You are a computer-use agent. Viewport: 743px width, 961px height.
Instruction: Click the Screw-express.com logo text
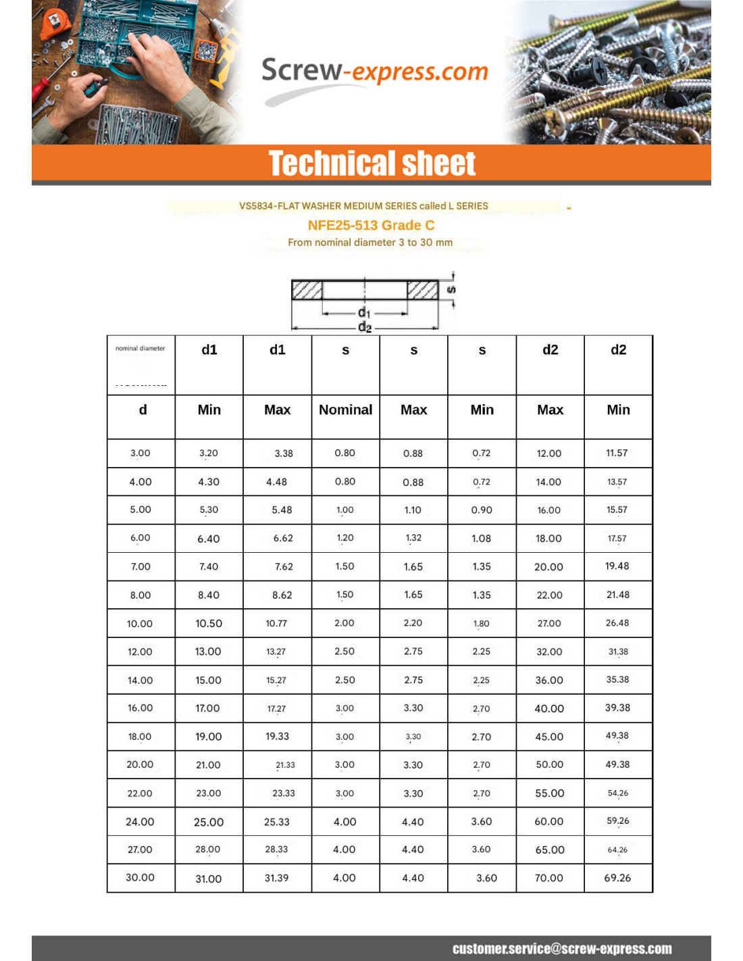tap(374, 71)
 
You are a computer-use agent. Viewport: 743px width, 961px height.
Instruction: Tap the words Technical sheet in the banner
tap(371, 164)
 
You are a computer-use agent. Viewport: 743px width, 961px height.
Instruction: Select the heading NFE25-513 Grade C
tap(371, 225)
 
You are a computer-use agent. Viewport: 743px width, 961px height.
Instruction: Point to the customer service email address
tap(562, 949)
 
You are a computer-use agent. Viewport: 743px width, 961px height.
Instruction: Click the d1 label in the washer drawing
tap(364, 312)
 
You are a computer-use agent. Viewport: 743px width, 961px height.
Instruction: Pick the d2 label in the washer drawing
tap(365, 327)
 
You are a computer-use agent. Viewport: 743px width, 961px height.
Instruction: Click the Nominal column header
tap(345, 410)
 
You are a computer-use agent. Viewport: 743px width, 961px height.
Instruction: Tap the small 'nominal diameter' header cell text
tap(140, 349)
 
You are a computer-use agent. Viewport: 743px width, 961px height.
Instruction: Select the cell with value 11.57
tap(617, 453)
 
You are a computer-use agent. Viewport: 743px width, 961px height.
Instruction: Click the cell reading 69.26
tap(617, 878)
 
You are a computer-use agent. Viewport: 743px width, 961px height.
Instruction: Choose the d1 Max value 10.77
tap(276, 623)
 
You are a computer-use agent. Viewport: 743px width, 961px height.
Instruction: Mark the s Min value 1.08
tap(482, 539)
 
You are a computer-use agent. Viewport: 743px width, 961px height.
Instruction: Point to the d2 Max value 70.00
tap(548, 878)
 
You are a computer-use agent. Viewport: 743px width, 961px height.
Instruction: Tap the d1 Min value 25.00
tap(209, 822)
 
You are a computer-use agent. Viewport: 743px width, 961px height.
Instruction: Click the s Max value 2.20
tap(413, 623)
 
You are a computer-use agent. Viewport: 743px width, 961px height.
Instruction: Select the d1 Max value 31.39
tap(276, 878)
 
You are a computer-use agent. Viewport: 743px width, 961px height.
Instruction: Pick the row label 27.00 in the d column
tap(140, 849)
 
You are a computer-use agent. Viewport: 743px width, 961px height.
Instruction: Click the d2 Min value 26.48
tap(617, 623)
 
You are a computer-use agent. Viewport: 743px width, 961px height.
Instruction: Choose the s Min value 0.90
tap(482, 510)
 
